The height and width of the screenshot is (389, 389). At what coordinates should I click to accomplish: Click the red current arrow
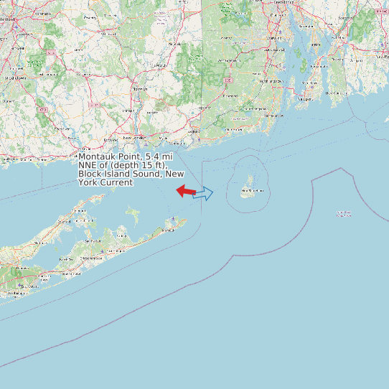click(186, 191)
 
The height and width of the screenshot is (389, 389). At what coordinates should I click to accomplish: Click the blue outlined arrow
click(205, 193)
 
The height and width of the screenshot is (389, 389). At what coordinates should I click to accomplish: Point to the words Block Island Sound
click(119, 174)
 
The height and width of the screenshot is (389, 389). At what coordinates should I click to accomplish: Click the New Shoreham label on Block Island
click(252, 191)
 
